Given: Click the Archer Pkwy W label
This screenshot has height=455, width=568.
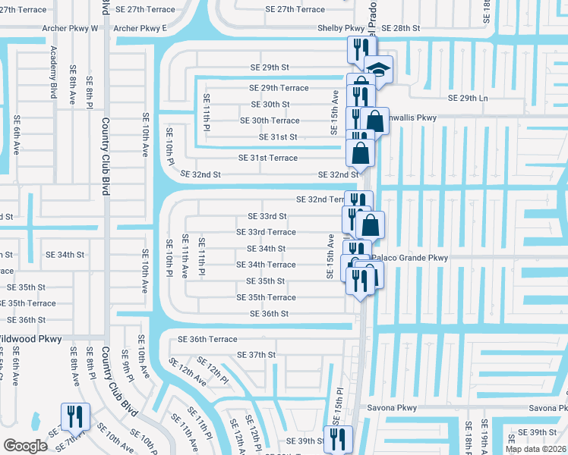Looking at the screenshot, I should [x=74, y=28].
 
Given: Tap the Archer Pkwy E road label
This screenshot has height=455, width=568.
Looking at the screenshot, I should [x=140, y=28].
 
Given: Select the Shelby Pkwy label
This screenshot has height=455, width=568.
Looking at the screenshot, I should [x=344, y=28].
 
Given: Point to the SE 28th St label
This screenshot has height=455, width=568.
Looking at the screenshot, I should [x=400, y=28].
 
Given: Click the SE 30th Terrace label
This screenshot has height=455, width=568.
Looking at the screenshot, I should [x=270, y=121].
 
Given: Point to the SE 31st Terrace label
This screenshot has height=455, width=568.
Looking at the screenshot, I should [x=268, y=158].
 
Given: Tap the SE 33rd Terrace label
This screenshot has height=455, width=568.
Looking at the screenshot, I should [x=266, y=232].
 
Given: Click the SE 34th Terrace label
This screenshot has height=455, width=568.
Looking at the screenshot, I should [x=266, y=265].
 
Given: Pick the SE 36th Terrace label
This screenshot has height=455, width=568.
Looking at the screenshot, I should [x=207, y=339].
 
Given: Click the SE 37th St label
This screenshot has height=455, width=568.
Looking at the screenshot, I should [x=256, y=354].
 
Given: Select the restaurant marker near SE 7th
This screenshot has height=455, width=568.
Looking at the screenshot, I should [x=74, y=416].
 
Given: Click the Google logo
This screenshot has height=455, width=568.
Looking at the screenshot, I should [x=25, y=446].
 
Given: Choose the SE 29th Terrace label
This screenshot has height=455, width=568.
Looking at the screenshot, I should [x=279, y=88].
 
